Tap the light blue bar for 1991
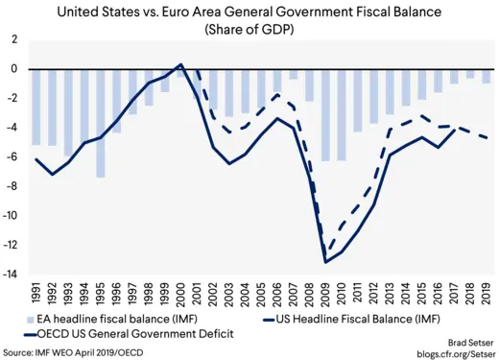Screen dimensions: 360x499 [x=36, y=107]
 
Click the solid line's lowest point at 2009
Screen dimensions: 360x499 [x=326, y=262]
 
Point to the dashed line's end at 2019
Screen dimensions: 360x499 [x=487, y=138]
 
